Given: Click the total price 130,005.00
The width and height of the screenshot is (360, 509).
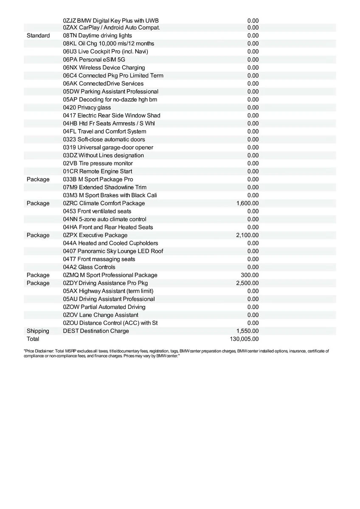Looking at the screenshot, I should (244, 339).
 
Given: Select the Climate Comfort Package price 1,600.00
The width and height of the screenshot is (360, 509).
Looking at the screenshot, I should (247, 203).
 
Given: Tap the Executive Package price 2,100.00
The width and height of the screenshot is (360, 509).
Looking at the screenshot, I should (247, 235).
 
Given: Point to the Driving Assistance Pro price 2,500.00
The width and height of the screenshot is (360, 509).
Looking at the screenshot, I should (247, 283).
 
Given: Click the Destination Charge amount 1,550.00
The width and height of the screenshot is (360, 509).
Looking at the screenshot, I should (247, 331).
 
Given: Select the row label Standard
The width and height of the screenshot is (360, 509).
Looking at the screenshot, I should (38, 36).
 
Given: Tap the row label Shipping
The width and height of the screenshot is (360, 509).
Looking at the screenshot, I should (38, 331).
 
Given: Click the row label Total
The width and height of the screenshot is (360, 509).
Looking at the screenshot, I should (33, 339).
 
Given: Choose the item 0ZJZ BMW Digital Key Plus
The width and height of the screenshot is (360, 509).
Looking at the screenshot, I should (111, 20).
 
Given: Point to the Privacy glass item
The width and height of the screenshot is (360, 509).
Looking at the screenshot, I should (87, 108).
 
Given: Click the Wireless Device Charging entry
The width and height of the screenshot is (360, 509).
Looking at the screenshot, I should (104, 67).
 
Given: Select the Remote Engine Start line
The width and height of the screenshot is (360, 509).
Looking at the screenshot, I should (98, 171).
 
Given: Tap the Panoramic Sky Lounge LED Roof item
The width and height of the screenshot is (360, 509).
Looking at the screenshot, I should (113, 251).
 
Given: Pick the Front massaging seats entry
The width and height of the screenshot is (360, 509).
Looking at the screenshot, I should (99, 259).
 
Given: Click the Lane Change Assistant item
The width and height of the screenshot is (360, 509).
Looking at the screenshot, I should (101, 315).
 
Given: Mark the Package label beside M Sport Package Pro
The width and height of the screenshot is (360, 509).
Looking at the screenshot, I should (38, 179).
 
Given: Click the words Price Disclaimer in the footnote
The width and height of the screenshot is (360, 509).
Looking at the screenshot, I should (38, 351).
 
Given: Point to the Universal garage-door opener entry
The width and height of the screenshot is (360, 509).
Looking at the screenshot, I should (108, 148).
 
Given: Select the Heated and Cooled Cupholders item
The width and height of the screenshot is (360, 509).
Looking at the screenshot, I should (110, 243).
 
